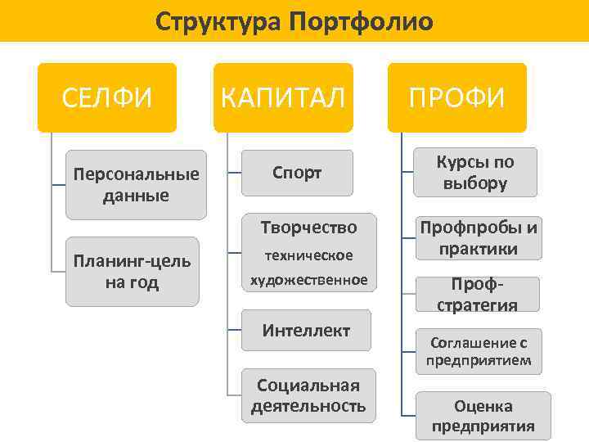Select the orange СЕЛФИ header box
pos(107,97)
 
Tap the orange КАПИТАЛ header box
pos(283,97)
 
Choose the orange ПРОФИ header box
pos(457,97)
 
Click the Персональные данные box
pos(136,184)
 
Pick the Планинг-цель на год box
pos(133,272)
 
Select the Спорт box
pos(297,173)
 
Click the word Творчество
pos(308,226)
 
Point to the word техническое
pos(308,255)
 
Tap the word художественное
pos(308,281)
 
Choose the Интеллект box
pos(307,331)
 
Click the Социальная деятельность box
pos(308,395)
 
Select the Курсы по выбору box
pos(475,172)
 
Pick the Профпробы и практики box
pos(479,237)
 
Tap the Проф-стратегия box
pos(477,295)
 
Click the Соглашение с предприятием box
pos(479,351)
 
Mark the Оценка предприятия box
pos(483,416)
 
